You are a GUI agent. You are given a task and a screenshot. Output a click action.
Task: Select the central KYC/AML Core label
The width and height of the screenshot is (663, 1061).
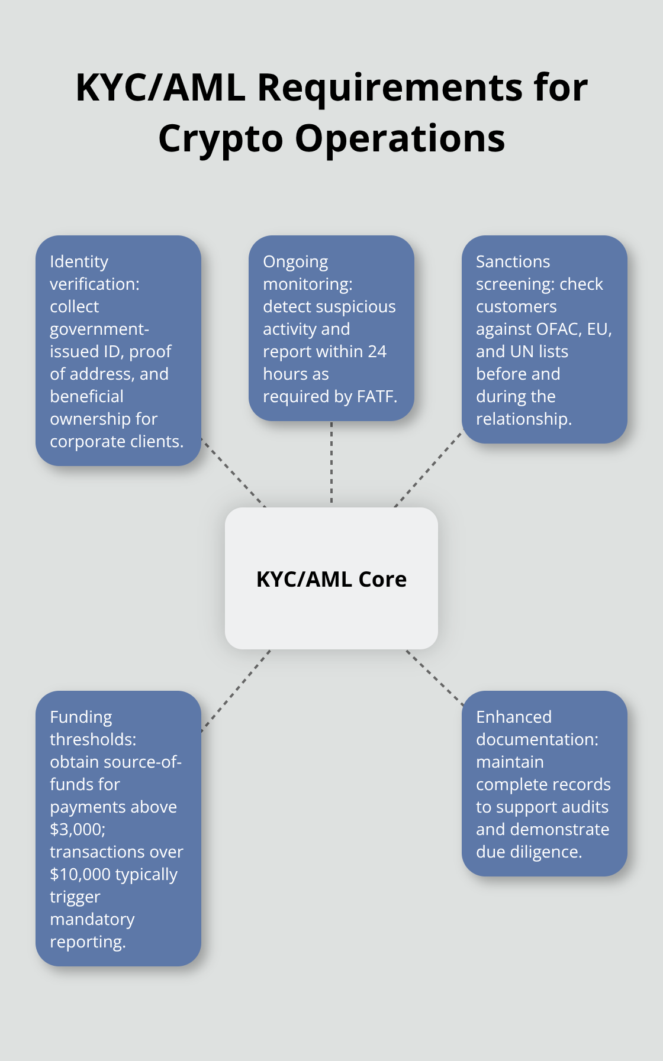(x=331, y=579)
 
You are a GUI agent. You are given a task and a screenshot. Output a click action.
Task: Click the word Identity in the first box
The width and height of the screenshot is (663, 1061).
(x=79, y=261)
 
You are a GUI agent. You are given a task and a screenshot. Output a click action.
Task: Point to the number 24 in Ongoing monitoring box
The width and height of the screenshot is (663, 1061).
(x=376, y=351)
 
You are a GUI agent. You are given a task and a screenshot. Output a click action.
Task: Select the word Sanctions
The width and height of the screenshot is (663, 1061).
(x=513, y=261)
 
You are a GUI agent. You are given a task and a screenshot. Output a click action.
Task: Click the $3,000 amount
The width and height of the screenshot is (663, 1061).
(x=76, y=829)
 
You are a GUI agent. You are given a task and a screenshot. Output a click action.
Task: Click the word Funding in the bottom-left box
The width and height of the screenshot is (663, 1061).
(x=81, y=717)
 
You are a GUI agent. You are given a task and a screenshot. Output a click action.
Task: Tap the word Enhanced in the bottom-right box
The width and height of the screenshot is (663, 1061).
(x=513, y=717)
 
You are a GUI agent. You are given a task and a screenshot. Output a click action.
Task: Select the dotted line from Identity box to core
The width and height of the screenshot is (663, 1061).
(x=233, y=473)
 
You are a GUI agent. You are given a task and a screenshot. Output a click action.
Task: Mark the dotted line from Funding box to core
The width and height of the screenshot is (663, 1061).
(x=236, y=691)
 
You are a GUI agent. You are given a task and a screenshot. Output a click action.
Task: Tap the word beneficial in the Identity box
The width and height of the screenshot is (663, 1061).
(x=86, y=396)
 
